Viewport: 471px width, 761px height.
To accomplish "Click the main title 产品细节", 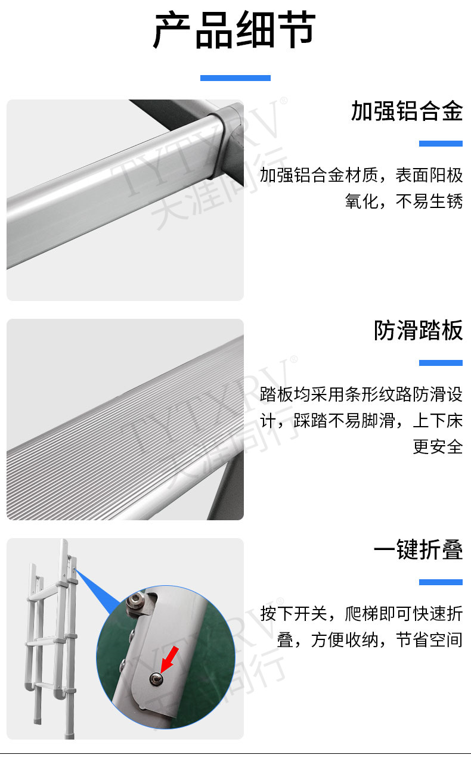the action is [x=235, y=30].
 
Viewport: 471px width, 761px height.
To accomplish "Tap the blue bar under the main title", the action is [x=235, y=78].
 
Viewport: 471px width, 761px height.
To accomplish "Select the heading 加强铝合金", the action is [x=407, y=111].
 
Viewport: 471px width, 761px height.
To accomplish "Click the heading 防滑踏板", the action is [x=419, y=330].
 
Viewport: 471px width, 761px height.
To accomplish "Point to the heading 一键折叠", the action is [x=419, y=549].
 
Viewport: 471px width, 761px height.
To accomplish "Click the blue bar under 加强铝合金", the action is [x=441, y=144].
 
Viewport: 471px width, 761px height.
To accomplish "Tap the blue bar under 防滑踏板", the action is [x=441, y=363].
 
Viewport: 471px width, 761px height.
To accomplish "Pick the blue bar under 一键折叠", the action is [x=441, y=582].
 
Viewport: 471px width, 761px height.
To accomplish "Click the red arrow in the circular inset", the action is [x=170, y=660].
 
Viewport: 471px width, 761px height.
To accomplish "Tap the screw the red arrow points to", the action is [x=156, y=679].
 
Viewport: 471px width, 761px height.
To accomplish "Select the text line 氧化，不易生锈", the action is [x=404, y=201].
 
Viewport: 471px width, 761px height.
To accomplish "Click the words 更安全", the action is [x=438, y=446].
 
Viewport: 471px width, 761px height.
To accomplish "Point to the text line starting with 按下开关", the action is [x=361, y=614].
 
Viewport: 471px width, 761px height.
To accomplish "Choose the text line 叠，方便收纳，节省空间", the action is [x=370, y=640].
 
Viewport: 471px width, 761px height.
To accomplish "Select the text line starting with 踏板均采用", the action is [x=361, y=395].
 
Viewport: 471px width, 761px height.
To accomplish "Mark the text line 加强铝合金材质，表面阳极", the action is [x=361, y=175].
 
